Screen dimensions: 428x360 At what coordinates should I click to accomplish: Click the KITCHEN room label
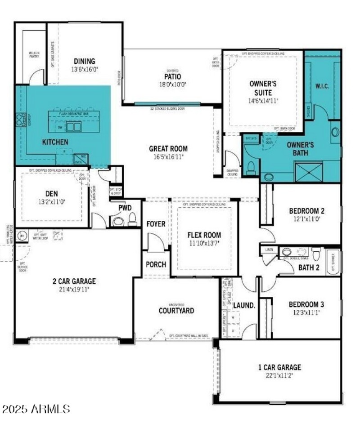(x=55, y=142)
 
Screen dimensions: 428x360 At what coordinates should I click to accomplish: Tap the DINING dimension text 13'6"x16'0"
(x=84, y=70)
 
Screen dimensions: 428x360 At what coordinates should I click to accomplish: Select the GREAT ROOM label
(x=168, y=149)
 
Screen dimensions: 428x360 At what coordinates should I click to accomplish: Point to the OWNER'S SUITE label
(x=263, y=88)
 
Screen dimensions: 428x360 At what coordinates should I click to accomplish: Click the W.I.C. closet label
(x=322, y=85)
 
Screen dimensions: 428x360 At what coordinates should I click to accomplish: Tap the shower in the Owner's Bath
(x=308, y=172)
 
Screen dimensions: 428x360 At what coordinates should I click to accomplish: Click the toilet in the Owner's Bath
(x=251, y=168)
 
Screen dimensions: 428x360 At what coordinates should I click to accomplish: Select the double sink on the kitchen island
(x=74, y=127)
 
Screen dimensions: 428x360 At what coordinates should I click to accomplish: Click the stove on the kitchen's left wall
(x=21, y=120)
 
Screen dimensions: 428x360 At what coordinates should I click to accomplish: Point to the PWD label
(x=125, y=208)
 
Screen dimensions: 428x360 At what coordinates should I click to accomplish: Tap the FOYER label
(x=156, y=224)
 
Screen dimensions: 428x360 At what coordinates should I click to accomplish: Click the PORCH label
(x=156, y=264)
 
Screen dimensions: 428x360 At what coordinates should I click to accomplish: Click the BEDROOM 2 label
(x=306, y=211)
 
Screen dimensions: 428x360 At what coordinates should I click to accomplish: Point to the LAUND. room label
(x=244, y=305)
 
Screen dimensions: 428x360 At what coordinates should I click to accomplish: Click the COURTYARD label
(x=176, y=311)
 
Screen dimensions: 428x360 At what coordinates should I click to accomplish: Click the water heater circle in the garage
(x=21, y=236)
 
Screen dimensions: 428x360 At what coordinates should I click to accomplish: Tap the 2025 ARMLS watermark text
(x=36, y=410)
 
